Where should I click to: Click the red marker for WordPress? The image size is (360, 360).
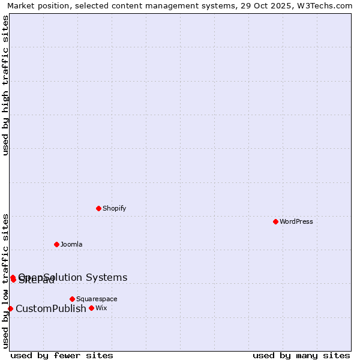pyautogui.click(x=275, y=221)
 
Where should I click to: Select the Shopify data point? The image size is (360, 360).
pyautogui.click(x=98, y=208)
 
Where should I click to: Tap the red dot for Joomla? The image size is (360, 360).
pyautogui.click(x=56, y=244)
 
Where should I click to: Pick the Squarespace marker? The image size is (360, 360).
pyautogui.click(x=72, y=299)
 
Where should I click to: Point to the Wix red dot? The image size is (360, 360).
pyautogui.click(x=91, y=308)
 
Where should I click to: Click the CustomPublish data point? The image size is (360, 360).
pyautogui.click(x=10, y=308)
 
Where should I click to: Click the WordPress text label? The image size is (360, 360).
pyautogui.click(x=296, y=221)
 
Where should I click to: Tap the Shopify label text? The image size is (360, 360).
pyautogui.click(x=114, y=208)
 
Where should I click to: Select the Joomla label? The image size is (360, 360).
pyautogui.click(x=71, y=244)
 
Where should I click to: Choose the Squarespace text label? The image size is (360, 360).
pyautogui.click(x=97, y=299)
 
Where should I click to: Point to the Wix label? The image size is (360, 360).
pyautogui.click(x=101, y=308)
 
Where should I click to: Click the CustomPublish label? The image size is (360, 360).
pyautogui.click(x=51, y=308)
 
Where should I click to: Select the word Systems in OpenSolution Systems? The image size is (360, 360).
pyautogui.click(x=107, y=277)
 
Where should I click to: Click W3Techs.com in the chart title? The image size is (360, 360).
pyautogui.click(x=322, y=6)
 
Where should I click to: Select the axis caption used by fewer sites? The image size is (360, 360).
pyautogui.click(x=62, y=355)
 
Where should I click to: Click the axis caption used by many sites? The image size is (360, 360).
pyautogui.click(x=301, y=355)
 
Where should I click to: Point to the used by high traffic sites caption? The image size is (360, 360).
pyautogui.click(x=6, y=85)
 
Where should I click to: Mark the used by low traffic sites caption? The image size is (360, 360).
pyautogui.click(x=6, y=280)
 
